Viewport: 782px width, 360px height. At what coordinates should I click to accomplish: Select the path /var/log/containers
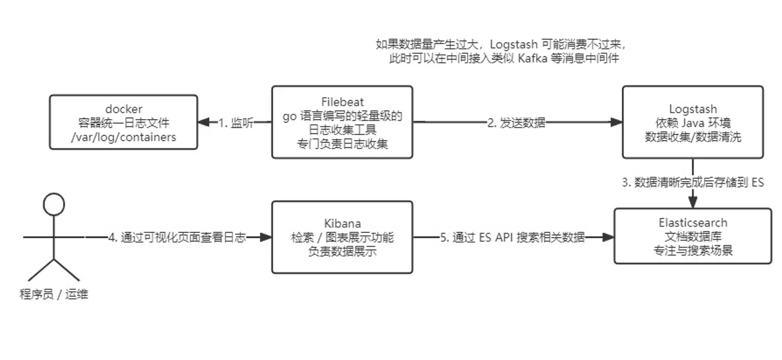tap(123, 137)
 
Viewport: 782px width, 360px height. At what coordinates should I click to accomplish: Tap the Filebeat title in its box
tap(342, 101)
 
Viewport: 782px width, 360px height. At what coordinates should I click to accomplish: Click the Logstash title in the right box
tap(692, 109)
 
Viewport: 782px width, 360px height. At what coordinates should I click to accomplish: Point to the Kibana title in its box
tap(342, 223)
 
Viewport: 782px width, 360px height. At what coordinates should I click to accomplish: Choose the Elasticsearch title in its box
tap(692, 223)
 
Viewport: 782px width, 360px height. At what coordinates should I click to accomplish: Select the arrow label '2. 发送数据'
tap(517, 122)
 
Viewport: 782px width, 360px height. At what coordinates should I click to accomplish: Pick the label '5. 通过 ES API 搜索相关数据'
tap(512, 238)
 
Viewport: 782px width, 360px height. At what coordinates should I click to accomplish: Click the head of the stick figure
tap(53, 205)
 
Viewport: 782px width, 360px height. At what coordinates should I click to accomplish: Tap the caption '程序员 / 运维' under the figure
tap(53, 294)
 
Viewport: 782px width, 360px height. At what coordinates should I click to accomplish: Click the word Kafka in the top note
tap(534, 59)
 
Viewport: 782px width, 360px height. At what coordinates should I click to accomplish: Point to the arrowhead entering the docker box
tap(203, 122)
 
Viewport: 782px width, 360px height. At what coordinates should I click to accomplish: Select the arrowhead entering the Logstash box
tap(617, 122)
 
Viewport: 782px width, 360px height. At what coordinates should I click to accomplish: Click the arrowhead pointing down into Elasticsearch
tap(692, 203)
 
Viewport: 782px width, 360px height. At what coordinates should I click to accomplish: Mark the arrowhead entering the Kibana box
tap(267, 238)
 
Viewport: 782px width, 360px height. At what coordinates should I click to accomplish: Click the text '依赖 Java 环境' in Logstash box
tap(692, 122)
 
